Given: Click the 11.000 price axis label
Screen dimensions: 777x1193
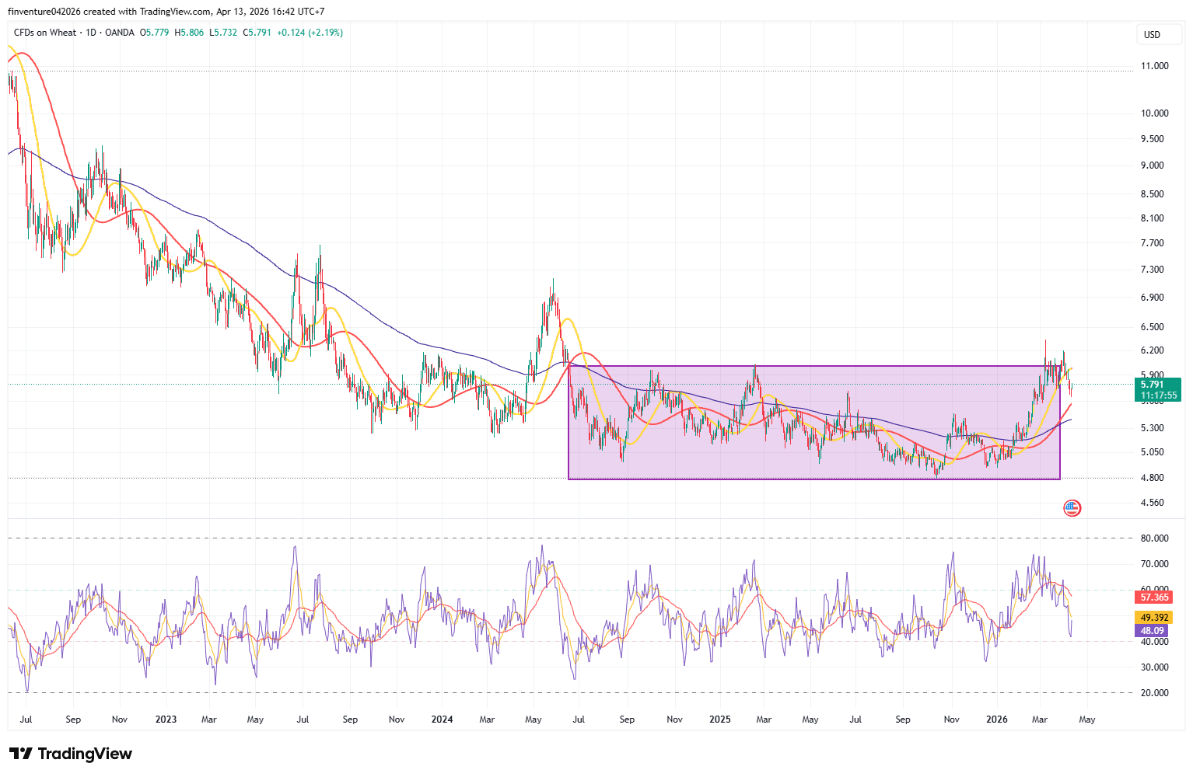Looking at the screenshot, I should (1154, 66).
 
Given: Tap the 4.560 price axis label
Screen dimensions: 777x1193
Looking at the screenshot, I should (1152, 503).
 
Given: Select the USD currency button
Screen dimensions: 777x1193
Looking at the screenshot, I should (1152, 35).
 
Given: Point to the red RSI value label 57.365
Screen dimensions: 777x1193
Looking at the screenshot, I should (1154, 598).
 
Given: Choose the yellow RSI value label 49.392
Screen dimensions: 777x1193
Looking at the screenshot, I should (1154, 618).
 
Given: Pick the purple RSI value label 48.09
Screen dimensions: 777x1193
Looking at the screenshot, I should (1153, 631).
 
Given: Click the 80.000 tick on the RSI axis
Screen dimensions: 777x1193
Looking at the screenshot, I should (1154, 538).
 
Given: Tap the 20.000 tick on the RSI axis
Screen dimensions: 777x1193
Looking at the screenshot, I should (1154, 693).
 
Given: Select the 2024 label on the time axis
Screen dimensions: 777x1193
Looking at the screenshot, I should (442, 720).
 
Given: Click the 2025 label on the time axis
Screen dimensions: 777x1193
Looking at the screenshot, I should (720, 720).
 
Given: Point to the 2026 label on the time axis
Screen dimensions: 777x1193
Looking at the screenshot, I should (996, 720).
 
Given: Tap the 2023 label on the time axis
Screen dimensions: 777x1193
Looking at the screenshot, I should (166, 720).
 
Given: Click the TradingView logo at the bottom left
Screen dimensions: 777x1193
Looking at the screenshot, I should (71, 754).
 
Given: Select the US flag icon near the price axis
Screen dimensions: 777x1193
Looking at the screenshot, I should (1072, 508).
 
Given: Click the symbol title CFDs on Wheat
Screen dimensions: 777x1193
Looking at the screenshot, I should (45, 33).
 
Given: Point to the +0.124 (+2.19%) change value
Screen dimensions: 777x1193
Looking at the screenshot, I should (310, 33).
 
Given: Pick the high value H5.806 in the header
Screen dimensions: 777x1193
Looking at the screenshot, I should (189, 33).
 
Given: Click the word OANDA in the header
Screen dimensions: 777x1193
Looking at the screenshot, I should (120, 33).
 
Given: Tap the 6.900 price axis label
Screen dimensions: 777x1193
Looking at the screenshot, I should (1152, 298).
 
